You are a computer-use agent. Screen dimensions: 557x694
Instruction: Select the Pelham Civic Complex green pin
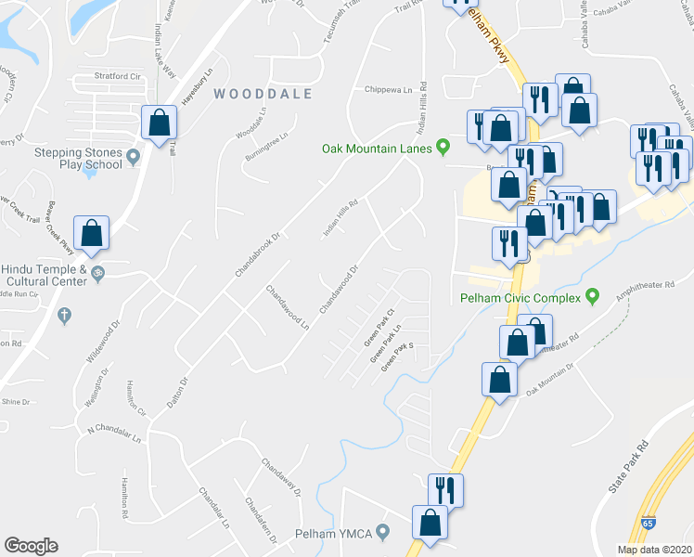click(593, 297)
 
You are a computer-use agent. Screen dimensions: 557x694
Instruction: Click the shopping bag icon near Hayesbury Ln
click(160, 123)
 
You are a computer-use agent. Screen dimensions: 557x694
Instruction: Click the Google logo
click(32, 546)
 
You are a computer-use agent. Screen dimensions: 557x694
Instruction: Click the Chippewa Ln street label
click(388, 90)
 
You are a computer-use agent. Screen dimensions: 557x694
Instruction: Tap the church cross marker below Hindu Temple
click(64, 316)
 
